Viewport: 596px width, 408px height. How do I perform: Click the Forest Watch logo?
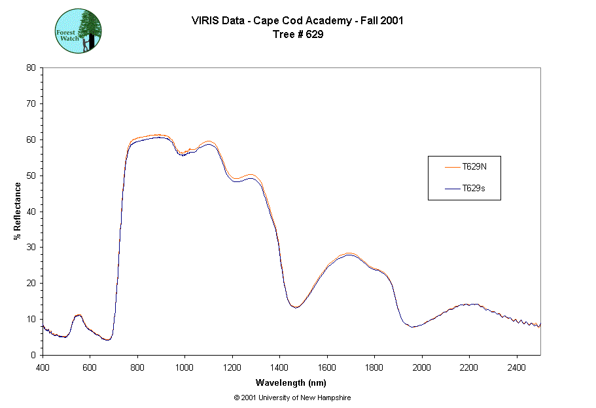(x=78, y=31)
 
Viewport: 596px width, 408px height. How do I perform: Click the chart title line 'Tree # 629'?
(x=298, y=35)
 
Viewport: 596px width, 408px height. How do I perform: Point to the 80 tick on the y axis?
(x=31, y=67)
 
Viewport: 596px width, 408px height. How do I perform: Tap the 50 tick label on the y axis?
(x=31, y=176)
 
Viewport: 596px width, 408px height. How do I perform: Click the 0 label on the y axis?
(x=34, y=355)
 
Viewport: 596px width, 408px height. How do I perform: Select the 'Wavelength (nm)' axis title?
(x=292, y=382)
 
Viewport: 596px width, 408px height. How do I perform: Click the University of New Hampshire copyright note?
(x=292, y=398)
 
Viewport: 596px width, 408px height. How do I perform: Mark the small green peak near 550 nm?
(x=79, y=315)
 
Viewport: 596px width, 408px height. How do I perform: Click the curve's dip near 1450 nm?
(x=296, y=306)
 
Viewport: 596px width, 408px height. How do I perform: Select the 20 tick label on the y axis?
(x=31, y=283)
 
